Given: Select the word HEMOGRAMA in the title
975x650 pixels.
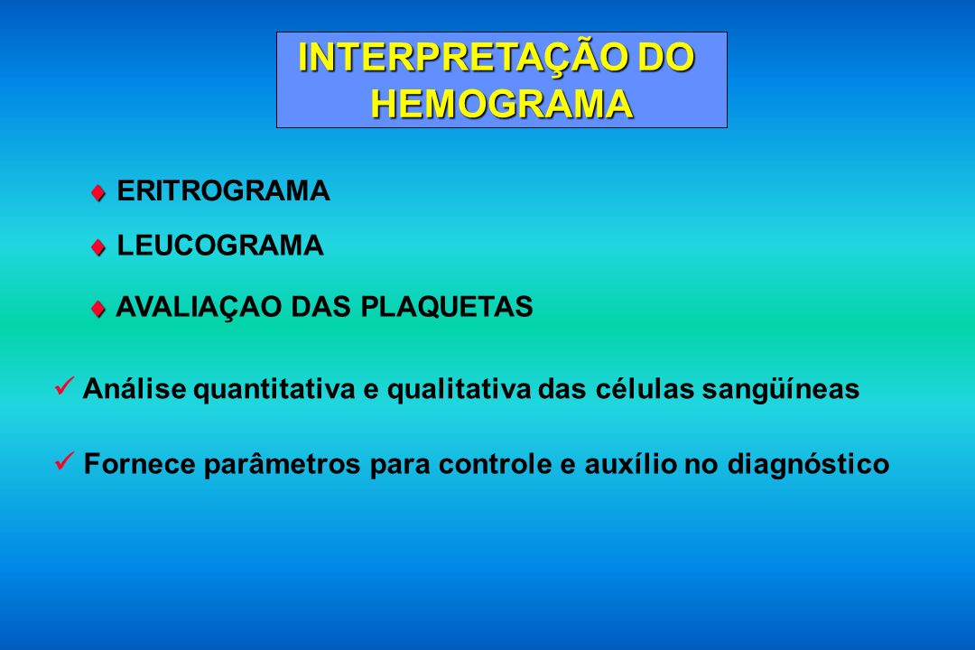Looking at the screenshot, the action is (502, 103).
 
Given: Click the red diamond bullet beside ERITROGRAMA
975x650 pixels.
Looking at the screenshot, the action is (97, 193).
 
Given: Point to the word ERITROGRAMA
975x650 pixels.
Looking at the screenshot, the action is (223, 191).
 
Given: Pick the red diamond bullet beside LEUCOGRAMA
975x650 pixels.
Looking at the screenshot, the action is (97, 247).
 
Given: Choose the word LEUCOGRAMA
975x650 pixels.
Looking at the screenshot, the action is (220, 246).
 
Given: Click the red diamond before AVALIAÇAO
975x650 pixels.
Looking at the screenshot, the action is (97, 309).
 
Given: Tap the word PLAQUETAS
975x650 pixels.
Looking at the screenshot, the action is (447, 307).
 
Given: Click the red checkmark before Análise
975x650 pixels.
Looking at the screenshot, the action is (64, 385).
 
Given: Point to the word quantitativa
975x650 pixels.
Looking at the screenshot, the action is (274, 390).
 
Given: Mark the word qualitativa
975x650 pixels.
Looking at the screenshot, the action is (459, 390).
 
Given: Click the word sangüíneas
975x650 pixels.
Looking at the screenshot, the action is (780, 390).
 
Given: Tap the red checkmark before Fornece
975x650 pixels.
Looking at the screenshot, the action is (64, 461).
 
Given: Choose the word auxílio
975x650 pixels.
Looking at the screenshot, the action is (630, 464).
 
